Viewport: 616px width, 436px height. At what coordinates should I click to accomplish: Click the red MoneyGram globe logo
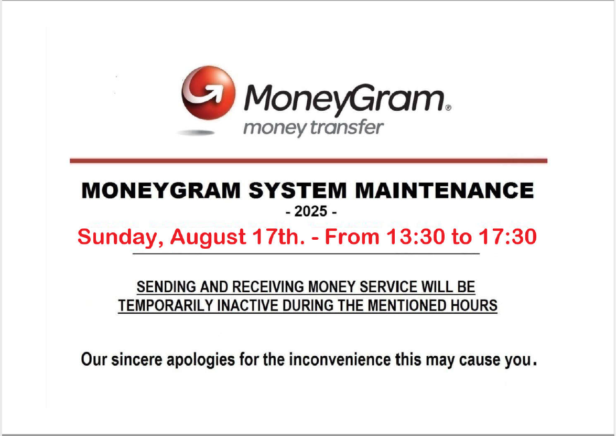(x=208, y=93)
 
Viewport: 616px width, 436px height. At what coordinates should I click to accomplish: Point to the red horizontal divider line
(x=308, y=161)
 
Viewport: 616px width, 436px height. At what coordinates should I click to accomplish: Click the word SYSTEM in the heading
(x=297, y=190)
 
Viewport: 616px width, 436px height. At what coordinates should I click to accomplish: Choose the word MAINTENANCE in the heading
(x=445, y=190)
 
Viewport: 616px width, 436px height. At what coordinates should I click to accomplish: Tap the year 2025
(x=311, y=211)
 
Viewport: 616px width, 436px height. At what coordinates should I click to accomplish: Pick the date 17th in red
(x=278, y=237)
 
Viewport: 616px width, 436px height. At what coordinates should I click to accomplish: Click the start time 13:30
(x=416, y=237)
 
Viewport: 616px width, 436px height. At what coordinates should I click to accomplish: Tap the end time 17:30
(x=507, y=237)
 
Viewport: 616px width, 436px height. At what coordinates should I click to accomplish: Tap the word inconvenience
(x=340, y=359)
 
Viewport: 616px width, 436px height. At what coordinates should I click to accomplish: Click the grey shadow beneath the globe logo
(x=196, y=133)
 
